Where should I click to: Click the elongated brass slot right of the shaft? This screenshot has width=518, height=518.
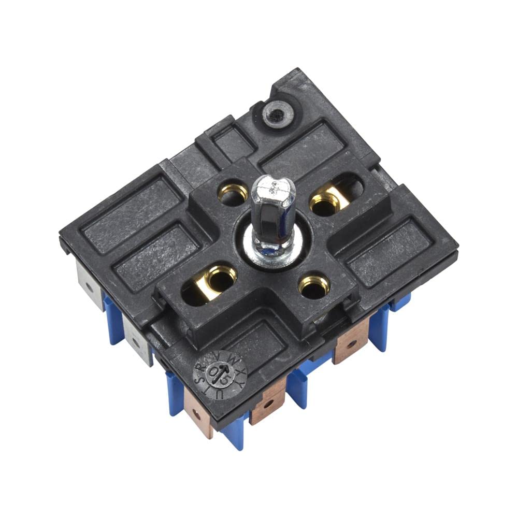tap(335, 197)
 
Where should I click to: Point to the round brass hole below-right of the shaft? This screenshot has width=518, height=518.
tap(314, 286)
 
